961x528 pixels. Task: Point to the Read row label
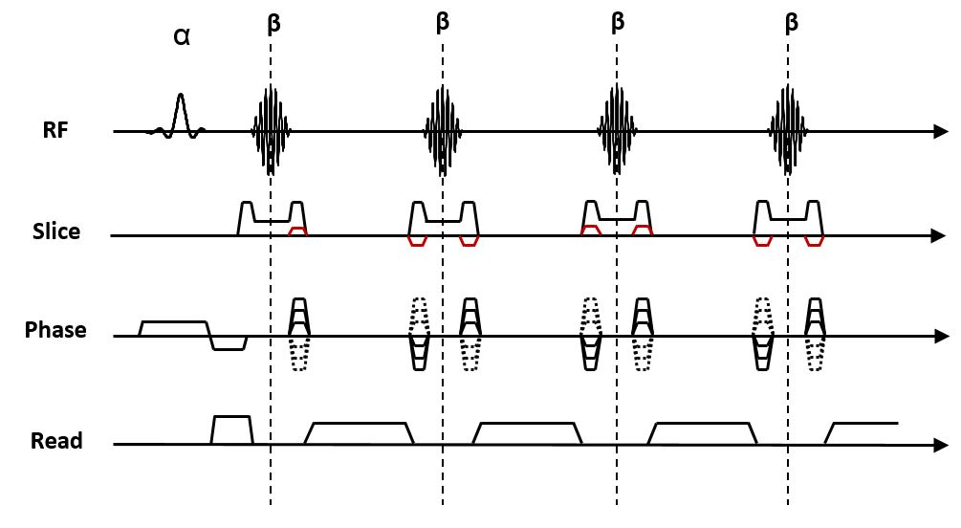[56, 441]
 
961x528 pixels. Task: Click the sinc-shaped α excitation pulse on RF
[178, 117]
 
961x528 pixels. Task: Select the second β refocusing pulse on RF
[443, 130]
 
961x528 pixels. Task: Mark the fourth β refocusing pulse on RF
[789, 130]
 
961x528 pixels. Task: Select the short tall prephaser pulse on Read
[231, 429]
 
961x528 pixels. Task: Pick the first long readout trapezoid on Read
[359, 433]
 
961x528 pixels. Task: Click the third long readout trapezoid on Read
[703, 433]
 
